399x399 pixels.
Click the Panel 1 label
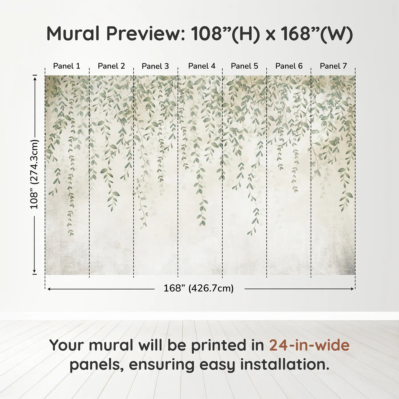click(67, 66)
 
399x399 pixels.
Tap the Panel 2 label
click(111, 66)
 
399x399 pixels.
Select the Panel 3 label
click(155, 66)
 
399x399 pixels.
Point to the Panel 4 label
click(202, 66)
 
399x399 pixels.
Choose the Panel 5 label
click(245, 66)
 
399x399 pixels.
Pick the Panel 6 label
click(289, 66)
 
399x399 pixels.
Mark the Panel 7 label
click(333, 66)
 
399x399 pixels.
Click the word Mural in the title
click(73, 34)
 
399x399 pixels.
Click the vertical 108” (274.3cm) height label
click(34, 174)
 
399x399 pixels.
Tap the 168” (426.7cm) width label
click(199, 288)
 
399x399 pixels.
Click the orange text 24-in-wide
click(309, 345)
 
